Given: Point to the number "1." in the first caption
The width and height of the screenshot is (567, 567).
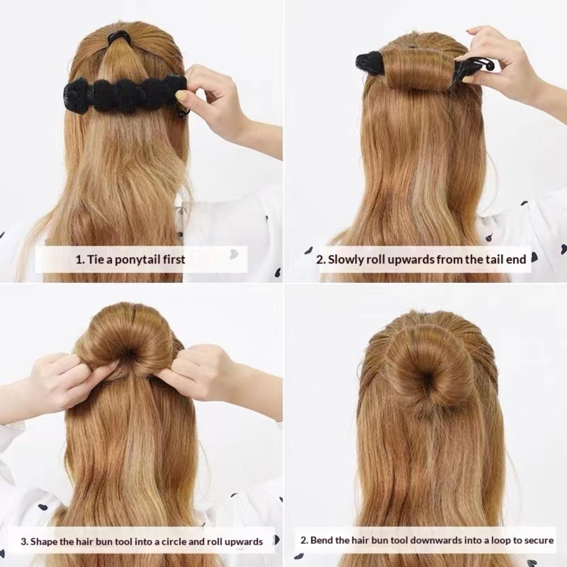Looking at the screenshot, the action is point(80,260).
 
